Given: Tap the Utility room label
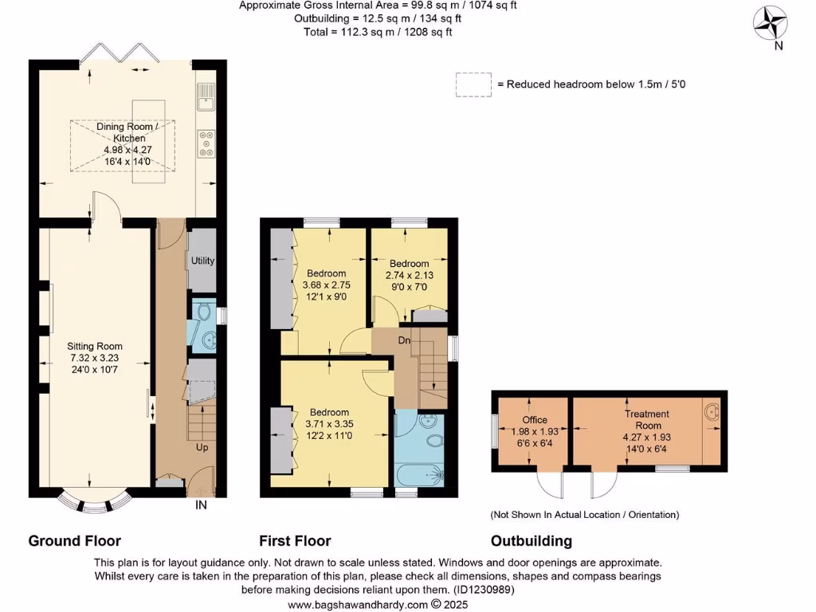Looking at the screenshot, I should pos(202,261).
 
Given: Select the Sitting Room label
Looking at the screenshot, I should pos(95,346).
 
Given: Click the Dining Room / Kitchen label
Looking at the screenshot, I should pos(127,132).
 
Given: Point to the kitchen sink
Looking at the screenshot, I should pos(206,96).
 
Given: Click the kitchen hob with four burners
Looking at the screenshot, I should pos(206,143).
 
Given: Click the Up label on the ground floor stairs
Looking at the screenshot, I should pos(202,448).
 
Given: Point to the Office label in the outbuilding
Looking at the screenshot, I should pos(535,420).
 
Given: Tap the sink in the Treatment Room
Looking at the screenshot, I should pos(713,412).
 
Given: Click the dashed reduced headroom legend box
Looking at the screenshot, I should pos(473,84).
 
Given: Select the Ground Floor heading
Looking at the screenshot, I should pos(75,541).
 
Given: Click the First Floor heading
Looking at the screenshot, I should pos(295,541).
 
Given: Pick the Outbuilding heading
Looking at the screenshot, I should pos(531,541).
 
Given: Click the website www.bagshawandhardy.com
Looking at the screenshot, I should pos(357,605).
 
